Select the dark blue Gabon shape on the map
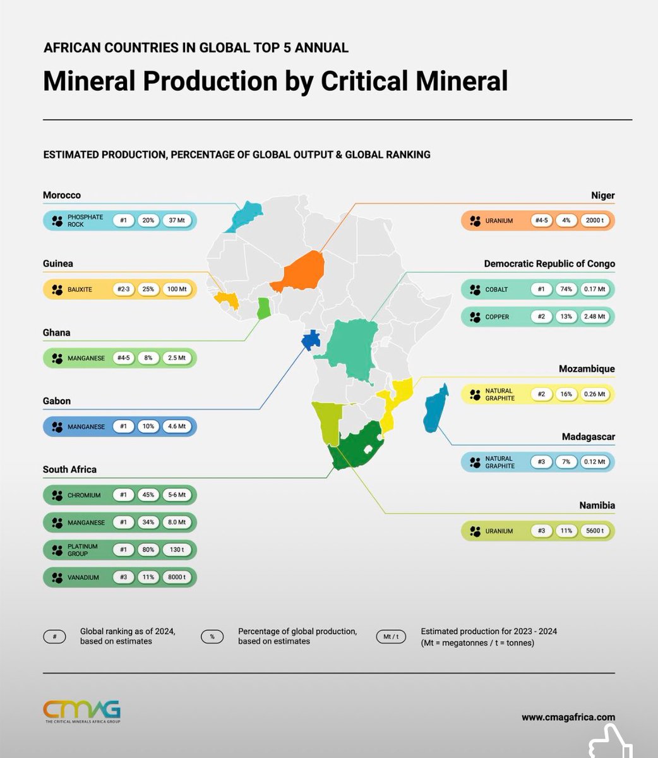(311, 340)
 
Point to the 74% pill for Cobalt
(566, 289)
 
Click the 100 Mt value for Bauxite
(176, 289)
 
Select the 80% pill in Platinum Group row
(148, 550)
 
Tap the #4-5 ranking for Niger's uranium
(541, 221)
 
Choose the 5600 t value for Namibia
(595, 531)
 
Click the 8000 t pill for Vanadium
(176, 577)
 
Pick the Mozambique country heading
(587, 369)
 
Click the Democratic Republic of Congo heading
(549, 264)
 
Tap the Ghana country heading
(57, 333)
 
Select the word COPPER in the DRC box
(497, 317)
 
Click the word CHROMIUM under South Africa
(84, 495)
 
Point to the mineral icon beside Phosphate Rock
(57, 221)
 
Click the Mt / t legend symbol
(391, 637)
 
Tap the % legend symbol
(212, 637)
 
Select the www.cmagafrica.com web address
(568, 717)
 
